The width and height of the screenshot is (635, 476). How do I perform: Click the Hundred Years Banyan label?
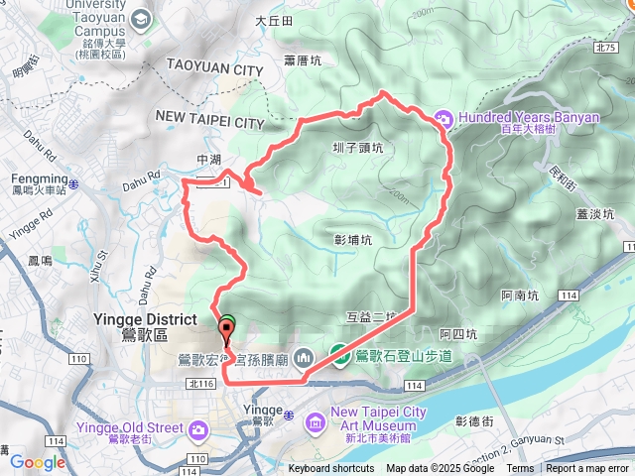(x=531, y=117)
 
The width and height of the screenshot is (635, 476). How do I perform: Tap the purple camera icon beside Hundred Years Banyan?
(x=443, y=119)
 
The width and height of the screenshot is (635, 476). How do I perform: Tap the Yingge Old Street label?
(x=129, y=427)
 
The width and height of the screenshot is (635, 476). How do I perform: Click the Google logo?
(x=38, y=461)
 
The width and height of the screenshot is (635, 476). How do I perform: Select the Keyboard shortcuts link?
(x=331, y=469)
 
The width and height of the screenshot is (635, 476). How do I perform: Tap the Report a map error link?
(x=588, y=469)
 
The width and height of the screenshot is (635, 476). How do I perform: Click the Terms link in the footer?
(x=520, y=469)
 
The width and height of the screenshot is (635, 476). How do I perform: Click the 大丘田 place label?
(x=275, y=20)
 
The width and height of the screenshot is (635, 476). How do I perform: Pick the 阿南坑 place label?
(x=520, y=295)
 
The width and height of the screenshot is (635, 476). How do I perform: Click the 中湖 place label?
(x=209, y=159)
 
